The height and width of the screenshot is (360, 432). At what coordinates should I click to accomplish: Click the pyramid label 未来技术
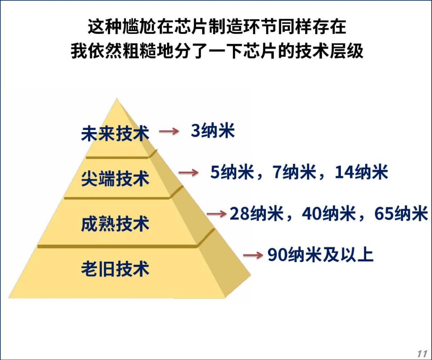pos(115,134)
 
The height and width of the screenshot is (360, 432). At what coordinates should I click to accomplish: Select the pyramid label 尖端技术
pos(115,178)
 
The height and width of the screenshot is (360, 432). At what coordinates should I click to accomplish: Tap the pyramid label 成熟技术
pos(115,224)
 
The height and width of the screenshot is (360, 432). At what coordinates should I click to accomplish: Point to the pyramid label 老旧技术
pos(115,269)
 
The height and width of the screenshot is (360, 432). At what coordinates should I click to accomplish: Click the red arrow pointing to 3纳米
pos(169,131)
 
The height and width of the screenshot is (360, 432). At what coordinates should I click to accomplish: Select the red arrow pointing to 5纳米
pos(189,173)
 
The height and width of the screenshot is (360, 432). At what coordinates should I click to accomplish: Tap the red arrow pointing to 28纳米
pos(217,214)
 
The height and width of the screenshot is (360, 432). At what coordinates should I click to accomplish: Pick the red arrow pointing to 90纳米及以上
pos(253,255)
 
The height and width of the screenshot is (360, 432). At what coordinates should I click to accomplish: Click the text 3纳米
pos(213,131)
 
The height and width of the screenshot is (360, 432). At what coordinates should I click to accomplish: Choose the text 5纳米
pos(232,172)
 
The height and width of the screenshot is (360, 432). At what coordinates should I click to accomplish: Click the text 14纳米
pos(361,172)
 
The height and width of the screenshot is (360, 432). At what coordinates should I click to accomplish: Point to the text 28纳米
pos(256,214)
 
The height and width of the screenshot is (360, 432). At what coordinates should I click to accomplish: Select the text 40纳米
pos(329,214)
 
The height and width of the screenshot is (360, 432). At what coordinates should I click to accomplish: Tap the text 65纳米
pos(401,214)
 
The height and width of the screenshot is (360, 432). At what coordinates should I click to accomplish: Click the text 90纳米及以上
pos(321,255)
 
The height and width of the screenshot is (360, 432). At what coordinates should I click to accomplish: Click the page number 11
pos(422,354)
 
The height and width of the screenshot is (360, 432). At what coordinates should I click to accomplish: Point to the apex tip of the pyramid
pos(117,98)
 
